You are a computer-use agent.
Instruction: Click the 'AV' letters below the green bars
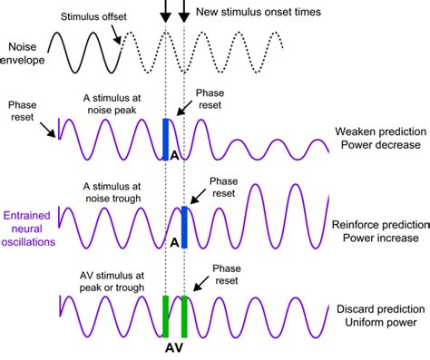click(173, 347)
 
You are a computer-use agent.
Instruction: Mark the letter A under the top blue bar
click(173, 156)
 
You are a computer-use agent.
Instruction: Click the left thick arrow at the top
click(165, 12)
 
